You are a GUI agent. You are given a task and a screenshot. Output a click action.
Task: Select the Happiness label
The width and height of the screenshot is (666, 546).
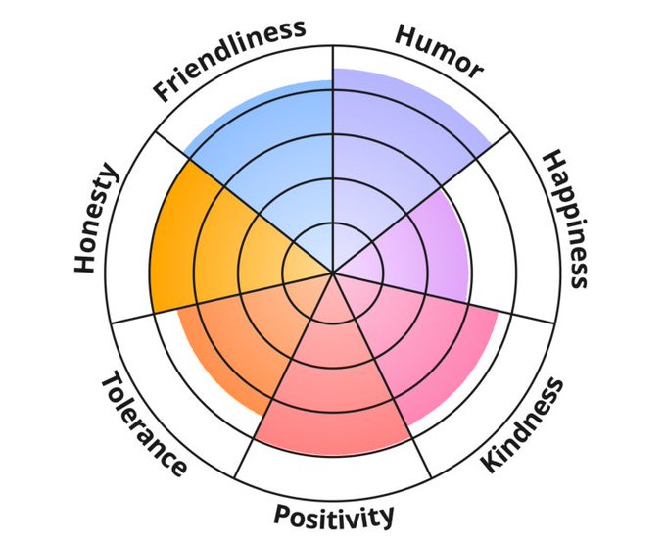565,218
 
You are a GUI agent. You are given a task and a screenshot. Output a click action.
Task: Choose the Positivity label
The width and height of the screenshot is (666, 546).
334,515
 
